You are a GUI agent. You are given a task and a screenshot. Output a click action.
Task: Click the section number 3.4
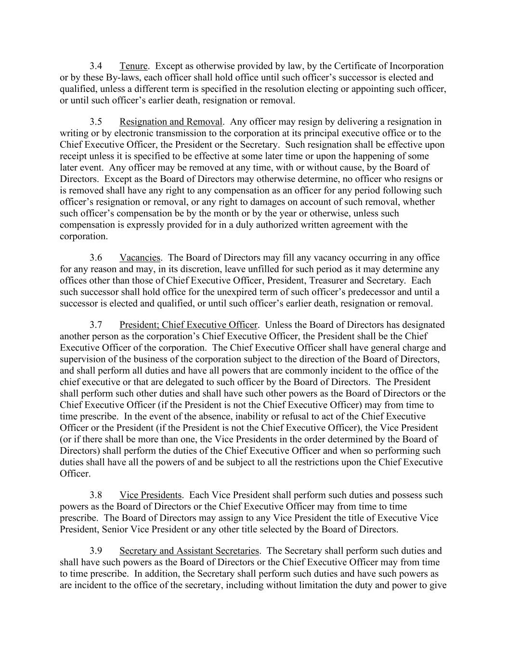point(96,66)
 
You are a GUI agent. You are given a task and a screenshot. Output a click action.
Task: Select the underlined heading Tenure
point(133,66)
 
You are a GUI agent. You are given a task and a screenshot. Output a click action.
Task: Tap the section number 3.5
point(96,122)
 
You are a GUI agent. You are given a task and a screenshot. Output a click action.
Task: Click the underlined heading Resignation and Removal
point(171,122)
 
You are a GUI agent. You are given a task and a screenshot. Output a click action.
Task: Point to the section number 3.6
point(96,258)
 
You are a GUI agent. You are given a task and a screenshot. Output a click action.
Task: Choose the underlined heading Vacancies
point(140,258)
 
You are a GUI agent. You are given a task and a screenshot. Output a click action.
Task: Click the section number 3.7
point(96,325)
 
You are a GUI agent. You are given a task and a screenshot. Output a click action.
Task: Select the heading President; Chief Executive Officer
point(189,325)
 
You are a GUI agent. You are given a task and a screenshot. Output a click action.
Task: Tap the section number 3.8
point(96,495)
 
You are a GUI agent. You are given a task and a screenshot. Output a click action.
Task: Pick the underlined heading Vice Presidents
point(150,495)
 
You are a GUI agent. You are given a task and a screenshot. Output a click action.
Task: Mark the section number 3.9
point(96,551)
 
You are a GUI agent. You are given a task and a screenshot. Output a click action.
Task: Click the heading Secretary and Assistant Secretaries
point(189,551)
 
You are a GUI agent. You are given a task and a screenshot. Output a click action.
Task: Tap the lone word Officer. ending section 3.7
point(75,474)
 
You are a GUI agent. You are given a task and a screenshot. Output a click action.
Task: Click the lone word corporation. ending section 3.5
point(84,236)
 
